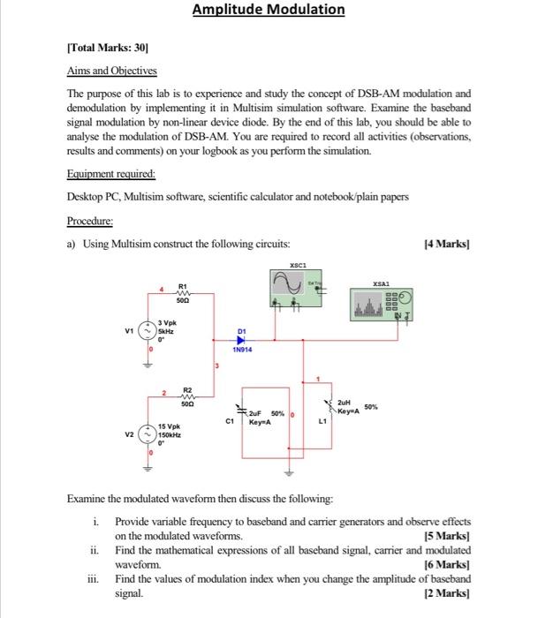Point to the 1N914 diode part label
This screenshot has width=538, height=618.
242,350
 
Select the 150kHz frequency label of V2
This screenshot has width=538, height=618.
170,434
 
